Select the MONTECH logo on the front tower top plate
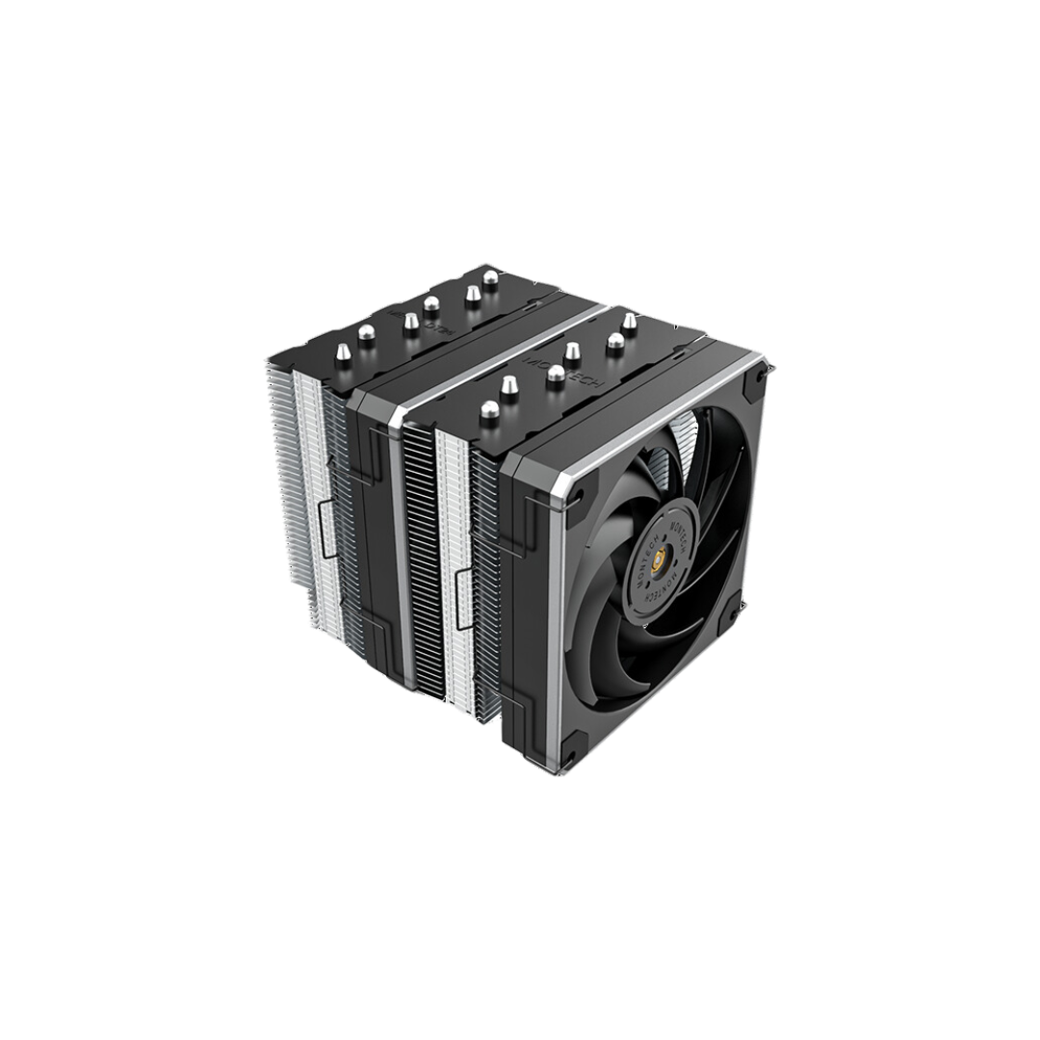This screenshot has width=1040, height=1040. tap(550, 358)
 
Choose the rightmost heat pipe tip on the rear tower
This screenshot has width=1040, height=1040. tap(490, 280)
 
